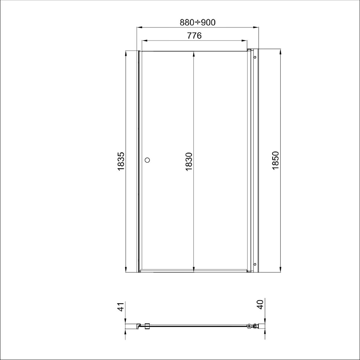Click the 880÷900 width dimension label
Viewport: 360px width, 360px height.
point(198,23)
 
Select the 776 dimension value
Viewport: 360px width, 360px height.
point(194,36)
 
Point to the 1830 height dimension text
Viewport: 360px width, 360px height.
point(189,161)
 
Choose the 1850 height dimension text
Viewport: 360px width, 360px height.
point(275,160)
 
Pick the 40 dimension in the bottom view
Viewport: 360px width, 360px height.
point(260,305)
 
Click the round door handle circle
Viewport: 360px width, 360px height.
point(147,160)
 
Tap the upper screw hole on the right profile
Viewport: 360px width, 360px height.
point(255,57)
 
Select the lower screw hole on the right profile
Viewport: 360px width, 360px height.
point(255,264)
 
